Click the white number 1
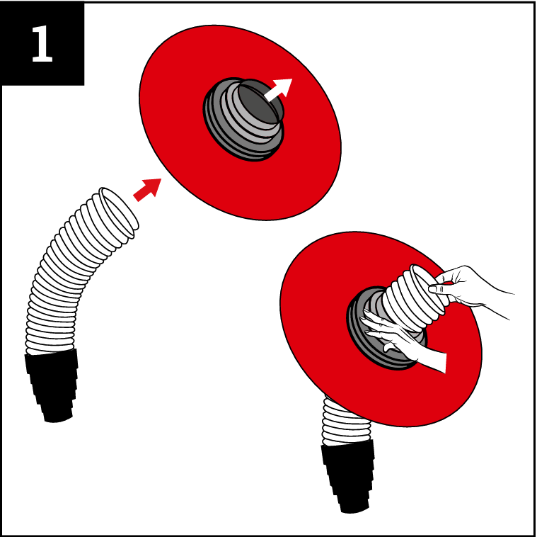(42, 43)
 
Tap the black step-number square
(42, 43)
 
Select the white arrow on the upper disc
(279, 90)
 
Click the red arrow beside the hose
(147, 190)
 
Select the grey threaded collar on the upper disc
(243, 119)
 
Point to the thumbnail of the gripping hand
(433, 289)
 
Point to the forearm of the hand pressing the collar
(433, 360)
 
